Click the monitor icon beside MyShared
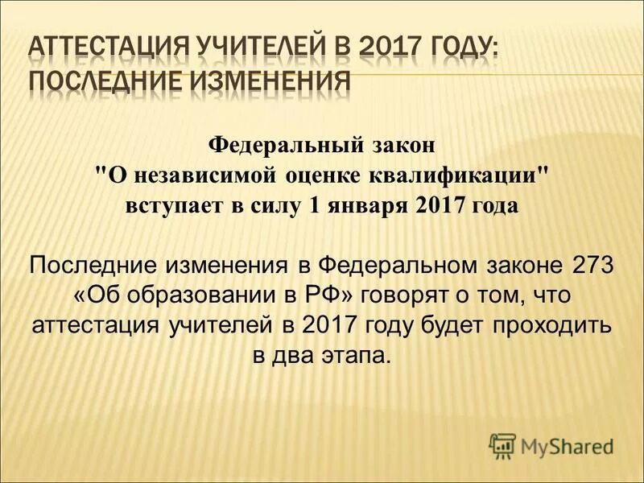[502, 445]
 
